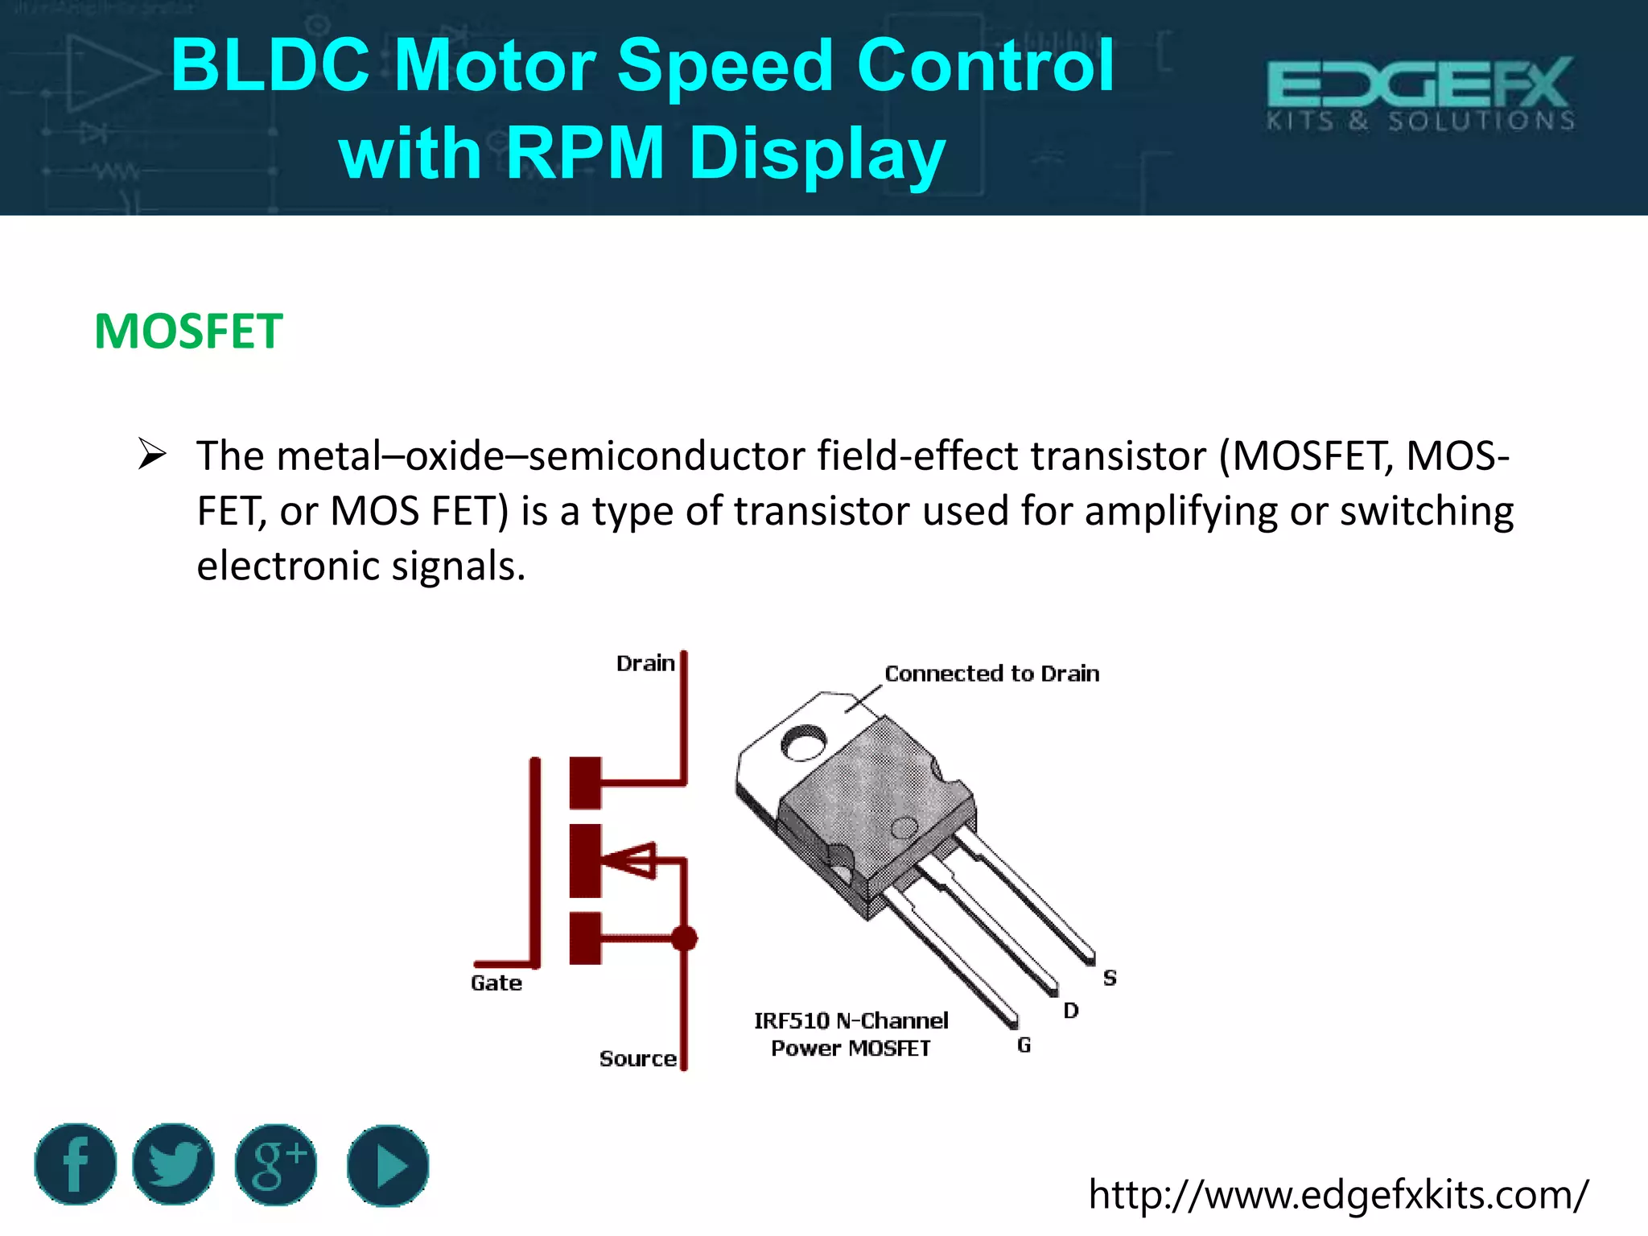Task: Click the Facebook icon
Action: [x=76, y=1164]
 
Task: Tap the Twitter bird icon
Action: [x=174, y=1164]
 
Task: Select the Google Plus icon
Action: [x=276, y=1164]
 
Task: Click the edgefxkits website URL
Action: [x=1337, y=1195]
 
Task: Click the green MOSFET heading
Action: [x=188, y=332]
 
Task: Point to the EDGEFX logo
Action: [x=1420, y=93]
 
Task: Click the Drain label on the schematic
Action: [x=645, y=664]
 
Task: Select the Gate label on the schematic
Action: [x=496, y=983]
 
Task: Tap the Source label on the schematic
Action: [x=637, y=1059]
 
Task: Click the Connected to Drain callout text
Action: [x=991, y=674]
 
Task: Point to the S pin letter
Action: [x=1110, y=978]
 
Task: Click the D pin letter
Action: [x=1070, y=1011]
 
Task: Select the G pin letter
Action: [x=1024, y=1045]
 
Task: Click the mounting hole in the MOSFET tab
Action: [x=804, y=743]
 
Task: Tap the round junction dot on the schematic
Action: [x=684, y=938]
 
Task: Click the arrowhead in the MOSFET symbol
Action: [x=632, y=860]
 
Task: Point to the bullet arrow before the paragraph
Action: [x=151, y=455]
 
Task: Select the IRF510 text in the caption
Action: [x=791, y=1021]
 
